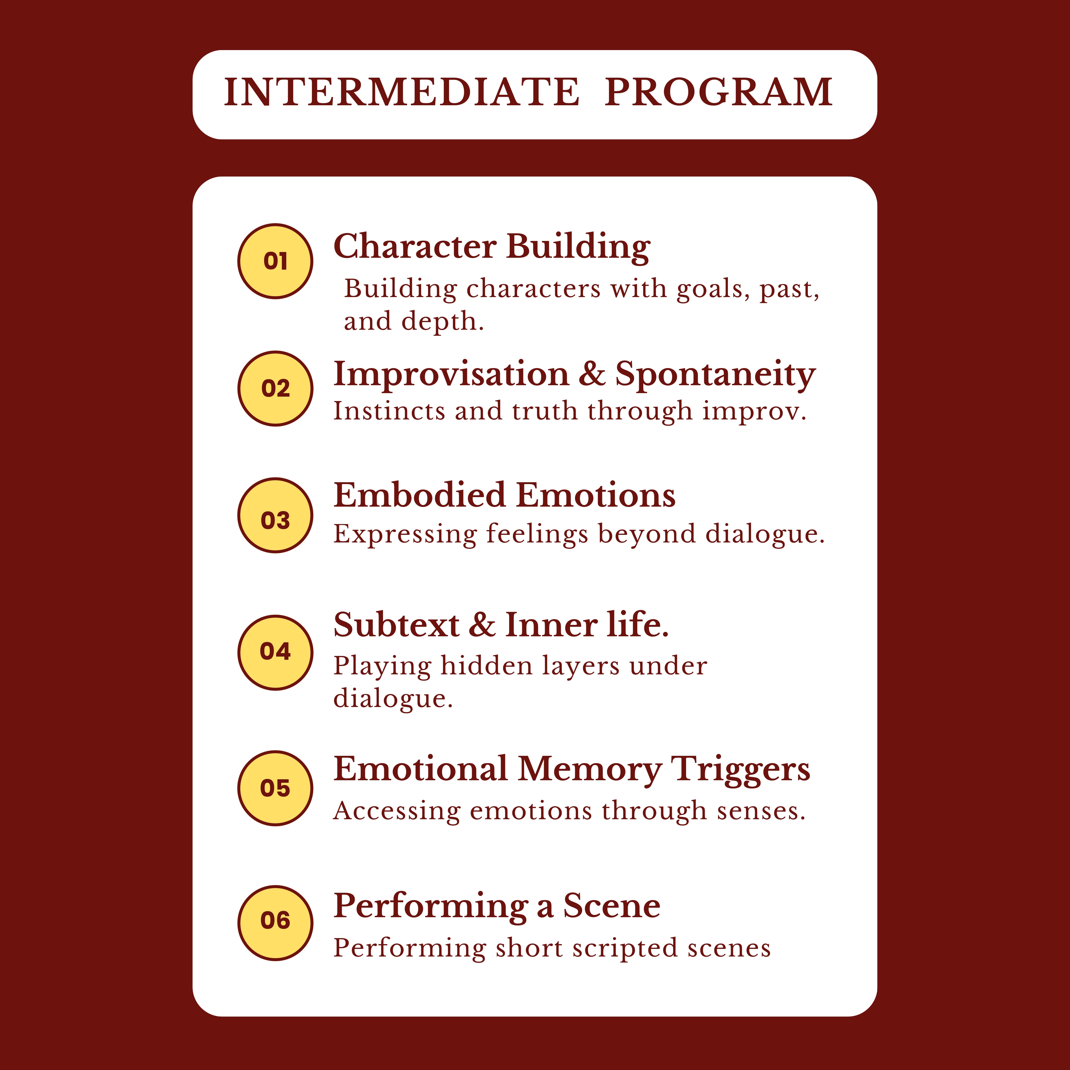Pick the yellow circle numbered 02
pos(275,389)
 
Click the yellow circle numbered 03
pos(275,516)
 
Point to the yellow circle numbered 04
pos(275,652)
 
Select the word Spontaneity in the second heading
pos(716,375)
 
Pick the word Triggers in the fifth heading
pos(741,771)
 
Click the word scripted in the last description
pos(625,948)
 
